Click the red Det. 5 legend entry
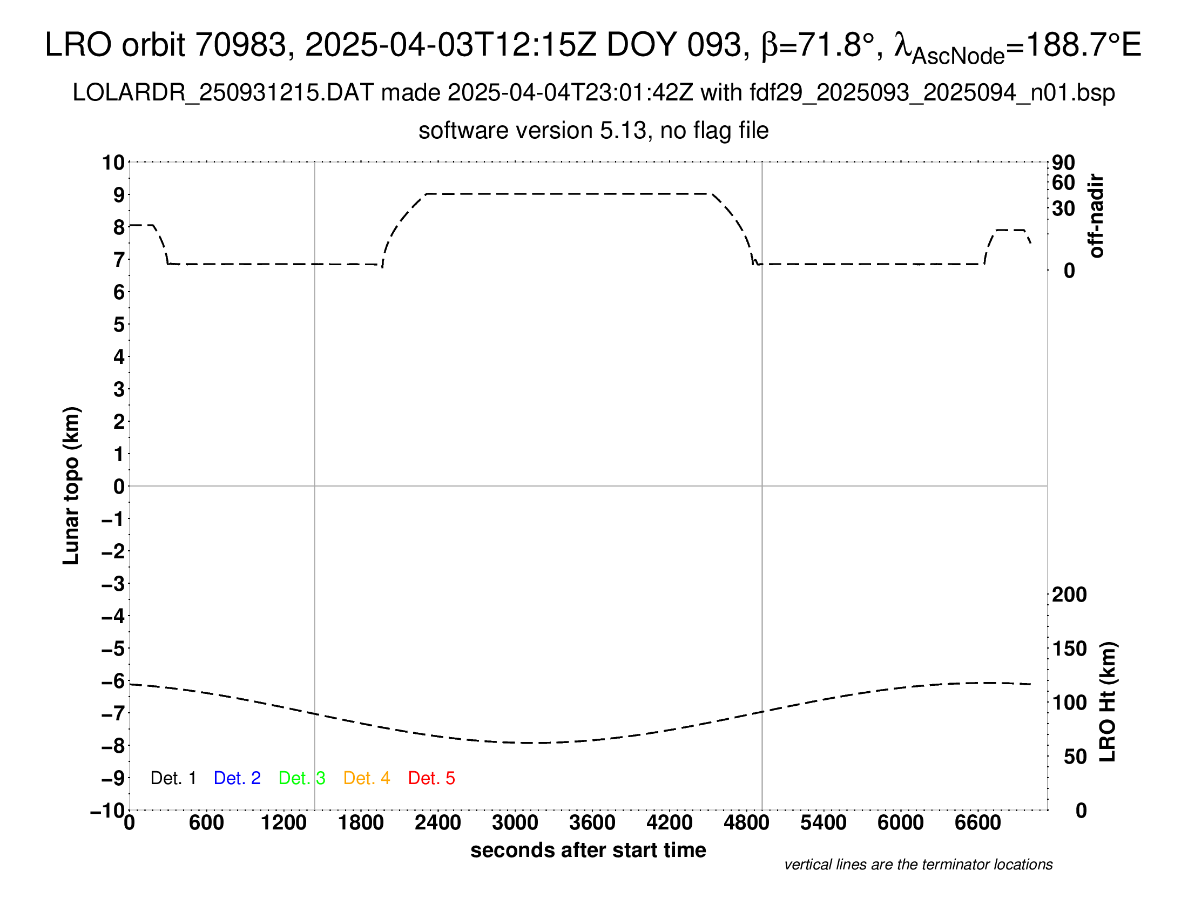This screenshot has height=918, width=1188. click(431, 778)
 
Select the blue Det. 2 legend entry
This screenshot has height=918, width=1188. click(237, 778)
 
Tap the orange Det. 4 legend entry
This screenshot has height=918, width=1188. click(367, 778)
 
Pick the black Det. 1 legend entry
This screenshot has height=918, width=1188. click(173, 778)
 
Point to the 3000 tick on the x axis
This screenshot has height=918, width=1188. click(515, 823)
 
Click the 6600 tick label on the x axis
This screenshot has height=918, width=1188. click(977, 823)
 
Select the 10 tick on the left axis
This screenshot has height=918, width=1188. click(114, 163)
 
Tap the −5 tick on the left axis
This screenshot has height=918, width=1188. click(113, 649)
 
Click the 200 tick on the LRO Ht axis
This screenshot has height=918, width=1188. click(1069, 595)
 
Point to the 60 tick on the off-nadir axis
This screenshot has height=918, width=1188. click(1063, 183)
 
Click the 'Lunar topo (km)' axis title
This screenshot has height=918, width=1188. click(71, 485)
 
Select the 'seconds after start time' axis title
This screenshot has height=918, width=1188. click(588, 850)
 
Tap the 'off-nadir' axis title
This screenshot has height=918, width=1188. click(1097, 216)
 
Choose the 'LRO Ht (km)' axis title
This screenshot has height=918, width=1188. click(1108, 702)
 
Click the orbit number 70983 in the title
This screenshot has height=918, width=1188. click(241, 45)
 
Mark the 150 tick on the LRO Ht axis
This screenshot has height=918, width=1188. click(1069, 649)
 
